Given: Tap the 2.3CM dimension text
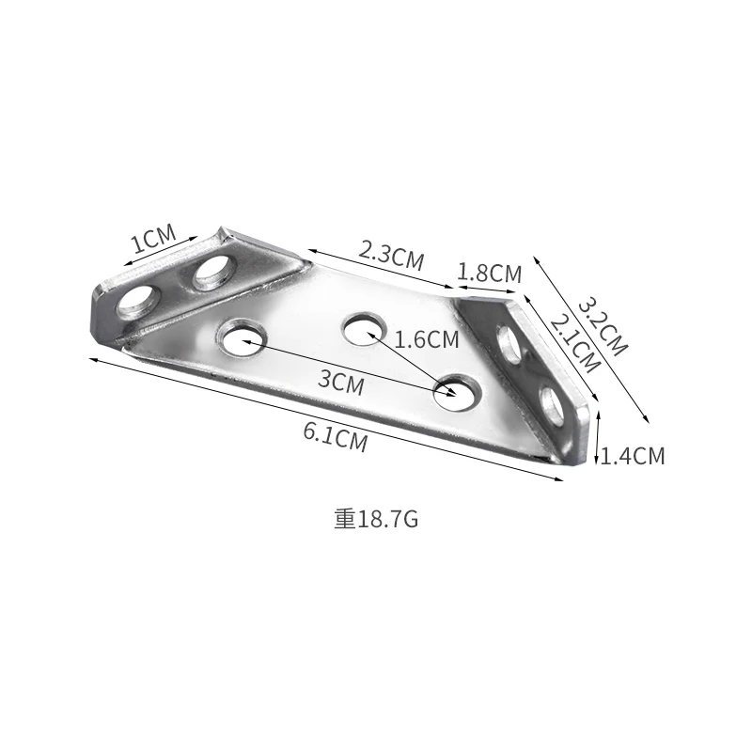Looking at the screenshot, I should coord(391,253).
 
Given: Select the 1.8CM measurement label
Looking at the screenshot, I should coord(489,274).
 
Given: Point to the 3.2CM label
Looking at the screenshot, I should coord(601,325).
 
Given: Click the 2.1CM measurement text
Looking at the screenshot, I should coord(573,342).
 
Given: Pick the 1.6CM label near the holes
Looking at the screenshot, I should coord(428,339).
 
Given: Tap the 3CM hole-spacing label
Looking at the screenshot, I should coord(341,381).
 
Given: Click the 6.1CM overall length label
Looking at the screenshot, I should coord(335,438).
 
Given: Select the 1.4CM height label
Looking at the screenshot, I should coord(633,457).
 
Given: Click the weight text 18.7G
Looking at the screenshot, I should coord(376,519).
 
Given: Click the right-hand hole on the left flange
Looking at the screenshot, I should coord(214,274).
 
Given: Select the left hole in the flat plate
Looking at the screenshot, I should coord(243,337).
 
